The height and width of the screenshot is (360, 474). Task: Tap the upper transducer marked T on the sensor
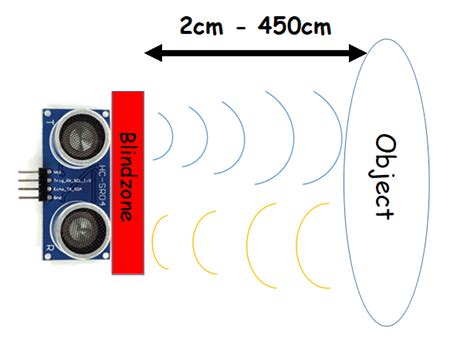point(80,129)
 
